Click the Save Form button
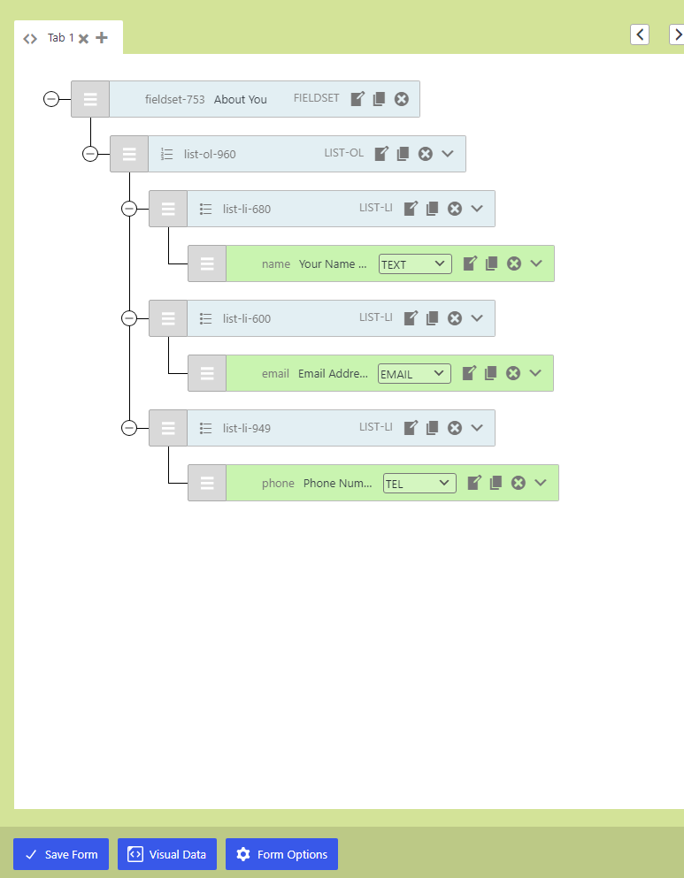coord(61,854)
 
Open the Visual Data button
coord(167,854)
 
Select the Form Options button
coord(281,854)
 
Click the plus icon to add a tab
coord(102,38)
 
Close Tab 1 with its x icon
coord(83,39)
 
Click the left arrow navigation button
coord(640,34)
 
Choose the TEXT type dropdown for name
coord(415,263)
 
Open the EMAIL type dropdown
coord(414,373)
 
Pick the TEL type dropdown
coord(419,483)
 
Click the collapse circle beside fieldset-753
coord(51,99)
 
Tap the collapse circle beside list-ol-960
coord(90,154)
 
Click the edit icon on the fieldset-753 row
coord(357,99)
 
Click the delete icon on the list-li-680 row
coord(455,209)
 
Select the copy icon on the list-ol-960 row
coord(403,154)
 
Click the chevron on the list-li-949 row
coord(477,428)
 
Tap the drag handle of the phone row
coord(207,483)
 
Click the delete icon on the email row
coord(513,373)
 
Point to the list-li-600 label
coord(247,318)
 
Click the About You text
coord(241,99)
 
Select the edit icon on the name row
coord(470,263)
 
